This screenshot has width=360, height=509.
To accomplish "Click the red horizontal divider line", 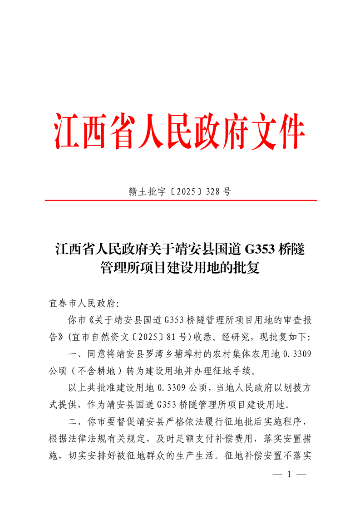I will click(180, 200).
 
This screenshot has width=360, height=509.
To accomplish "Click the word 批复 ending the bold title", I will click(246, 268).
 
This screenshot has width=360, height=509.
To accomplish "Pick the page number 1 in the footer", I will click(289, 474).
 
